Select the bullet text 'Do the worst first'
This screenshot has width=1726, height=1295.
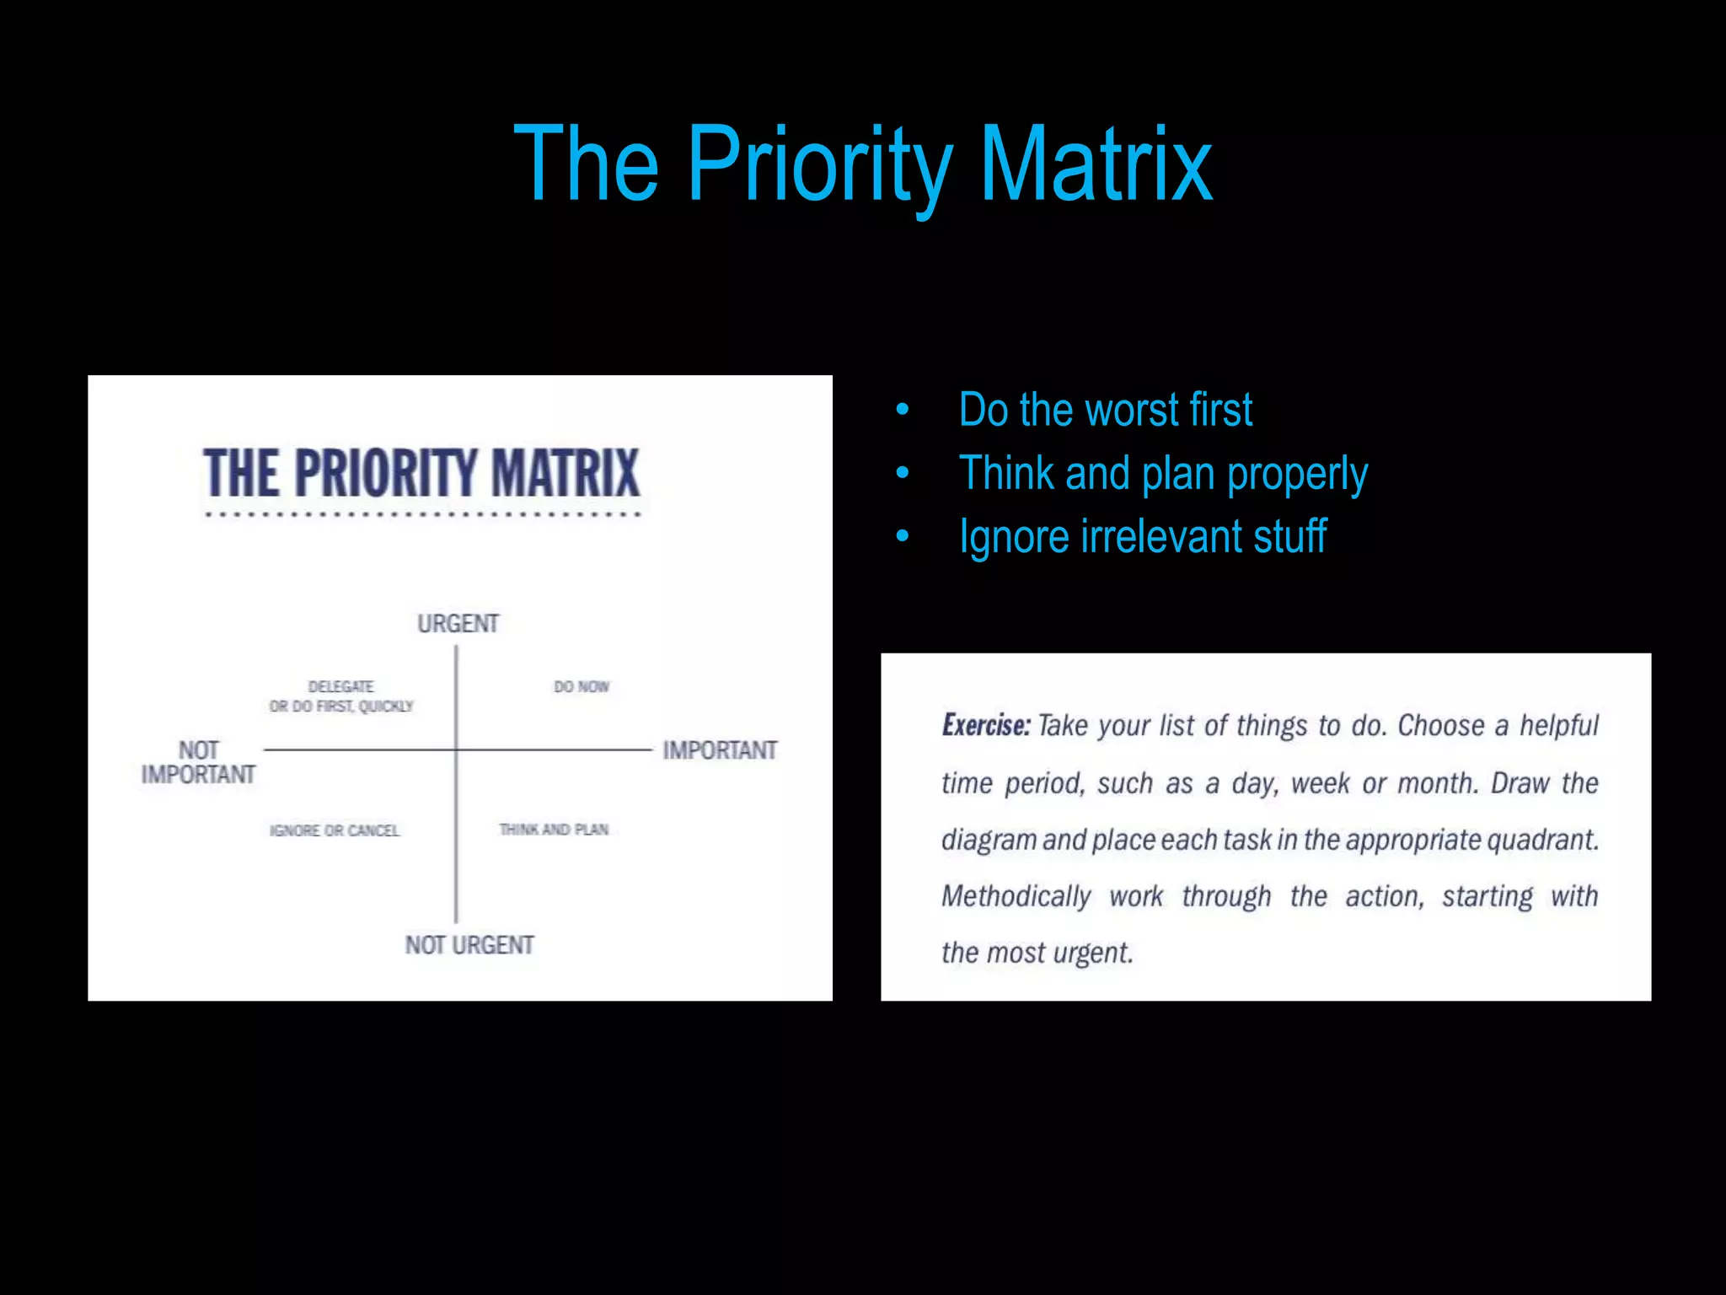(x=1105, y=411)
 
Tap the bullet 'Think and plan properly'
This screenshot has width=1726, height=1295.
(x=1163, y=474)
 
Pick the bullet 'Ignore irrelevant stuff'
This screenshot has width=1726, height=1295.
(x=1143, y=537)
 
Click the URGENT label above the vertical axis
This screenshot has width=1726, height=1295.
(x=458, y=624)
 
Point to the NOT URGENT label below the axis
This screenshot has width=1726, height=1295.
(x=469, y=945)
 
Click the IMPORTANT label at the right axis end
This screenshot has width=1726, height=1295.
(x=720, y=750)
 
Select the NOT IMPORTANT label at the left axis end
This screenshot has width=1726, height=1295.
(x=198, y=762)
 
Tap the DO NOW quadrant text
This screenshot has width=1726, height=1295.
(x=582, y=687)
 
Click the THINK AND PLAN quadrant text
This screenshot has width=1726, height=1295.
(x=554, y=830)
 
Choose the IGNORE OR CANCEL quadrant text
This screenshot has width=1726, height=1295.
(x=335, y=830)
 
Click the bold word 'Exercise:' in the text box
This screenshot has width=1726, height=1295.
(x=986, y=726)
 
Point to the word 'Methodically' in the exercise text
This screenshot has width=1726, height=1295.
(x=1016, y=896)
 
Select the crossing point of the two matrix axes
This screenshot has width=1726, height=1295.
(x=457, y=750)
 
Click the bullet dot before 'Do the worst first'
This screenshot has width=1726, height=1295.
(x=903, y=411)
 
